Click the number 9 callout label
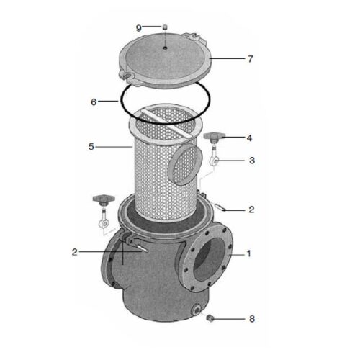click(x=139, y=27)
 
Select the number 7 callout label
click(x=250, y=58)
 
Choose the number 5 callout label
click(x=91, y=147)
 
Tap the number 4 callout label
click(x=250, y=137)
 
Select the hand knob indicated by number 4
click(x=215, y=136)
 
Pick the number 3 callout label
click(x=251, y=161)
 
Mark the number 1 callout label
click(x=250, y=253)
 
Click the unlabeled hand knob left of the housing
click(x=102, y=199)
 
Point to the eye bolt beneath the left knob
click(x=103, y=220)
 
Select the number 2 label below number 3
click(x=251, y=210)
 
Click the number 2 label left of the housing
click(x=74, y=252)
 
